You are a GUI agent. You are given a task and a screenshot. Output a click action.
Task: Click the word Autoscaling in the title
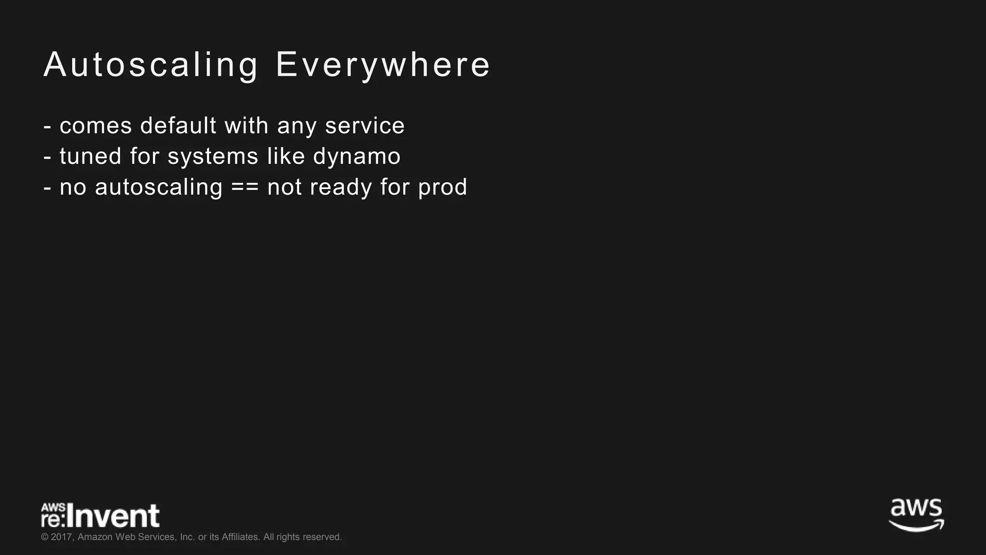(x=151, y=65)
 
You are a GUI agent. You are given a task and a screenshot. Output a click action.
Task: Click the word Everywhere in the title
(x=383, y=65)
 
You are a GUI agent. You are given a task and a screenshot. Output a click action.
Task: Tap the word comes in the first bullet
(x=96, y=126)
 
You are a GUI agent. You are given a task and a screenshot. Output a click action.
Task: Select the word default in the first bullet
(x=178, y=126)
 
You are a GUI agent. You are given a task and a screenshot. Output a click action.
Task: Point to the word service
(x=364, y=126)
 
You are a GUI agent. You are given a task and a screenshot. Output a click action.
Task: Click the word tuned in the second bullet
(x=91, y=157)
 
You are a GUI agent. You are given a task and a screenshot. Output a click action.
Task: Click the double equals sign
(x=245, y=187)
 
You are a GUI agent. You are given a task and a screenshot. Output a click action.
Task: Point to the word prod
(x=442, y=187)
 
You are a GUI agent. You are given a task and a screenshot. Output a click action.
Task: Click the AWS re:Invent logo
(x=100, y=515)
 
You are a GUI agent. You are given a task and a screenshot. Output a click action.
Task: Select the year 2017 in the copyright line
(x=62, y=537)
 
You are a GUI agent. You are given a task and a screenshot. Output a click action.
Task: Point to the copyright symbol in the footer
(x=45, y=537)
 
